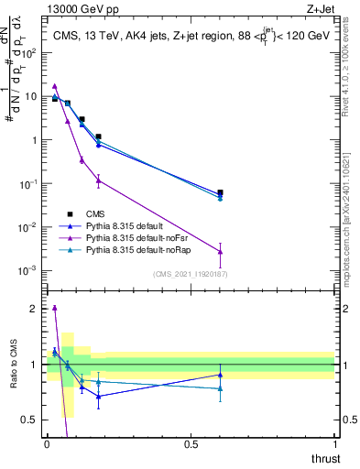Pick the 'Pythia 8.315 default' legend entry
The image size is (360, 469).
click(x=119, y=225)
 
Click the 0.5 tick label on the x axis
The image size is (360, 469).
click(x=191, y=443)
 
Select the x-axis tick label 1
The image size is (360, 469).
click(x=333, y=443)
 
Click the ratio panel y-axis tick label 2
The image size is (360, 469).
click(x=33, y=309)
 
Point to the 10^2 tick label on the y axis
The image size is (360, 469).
click(x=29, y=53)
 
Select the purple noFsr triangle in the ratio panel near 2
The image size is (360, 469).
click(x=55, y=309)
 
